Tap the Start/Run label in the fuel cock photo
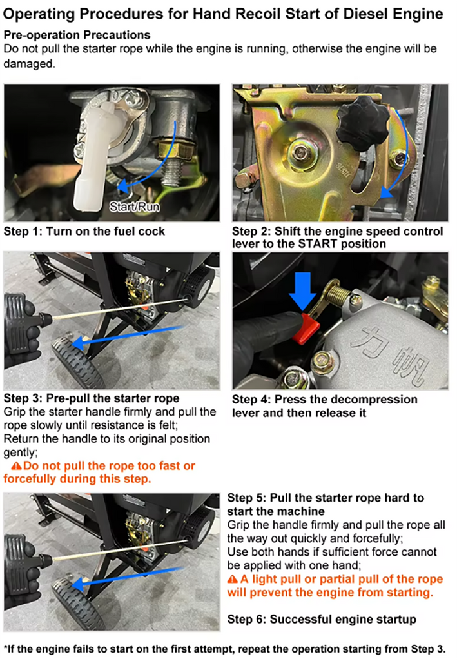click(x=134, y=207)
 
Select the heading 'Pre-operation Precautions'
click(x=77, y=35)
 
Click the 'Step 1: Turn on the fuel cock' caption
click(x=84, y=232)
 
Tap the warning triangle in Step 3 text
click(x=16, y=466)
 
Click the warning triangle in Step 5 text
click(x=233, y=579)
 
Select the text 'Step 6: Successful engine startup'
click(x=322, y=619)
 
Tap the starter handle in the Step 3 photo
click(x=26, y=324)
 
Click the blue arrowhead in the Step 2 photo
click(x=386, y=192)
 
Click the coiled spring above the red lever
click(x=340, y=294)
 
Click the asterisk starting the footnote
click(x=5, y=647)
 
